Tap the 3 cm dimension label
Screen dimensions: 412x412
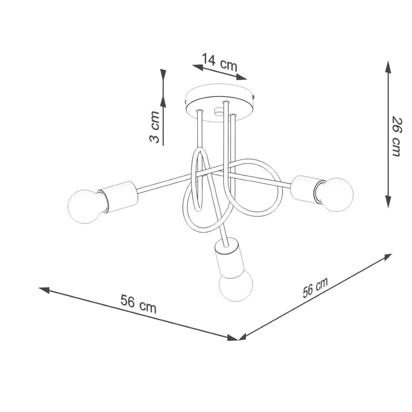[x=155, y=127]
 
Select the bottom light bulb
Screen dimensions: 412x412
[x=235, y=285]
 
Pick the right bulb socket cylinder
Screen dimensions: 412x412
[x=304, y=188]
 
